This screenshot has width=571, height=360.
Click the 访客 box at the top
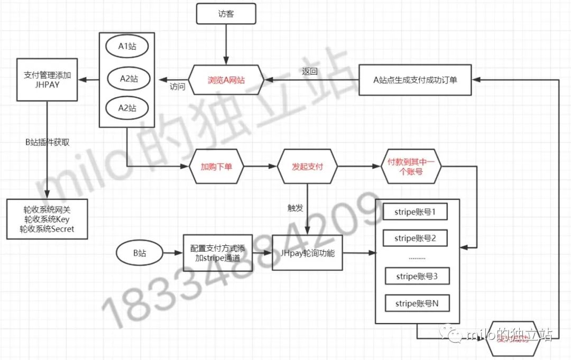pyautogui.click(x=226, y=14)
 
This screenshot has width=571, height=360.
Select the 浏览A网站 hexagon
pyautogui.click(x=226, y=80)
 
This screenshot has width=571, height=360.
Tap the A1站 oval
pyautogui.click(x=127, y=47)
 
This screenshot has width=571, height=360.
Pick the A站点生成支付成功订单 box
pyautogui.click(x=415, y=80)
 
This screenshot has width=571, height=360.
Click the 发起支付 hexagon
pyautogui.click(x=307, y=167)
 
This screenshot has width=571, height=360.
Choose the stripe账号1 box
pyautogui.click(x=415, y=212)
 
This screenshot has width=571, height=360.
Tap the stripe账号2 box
pyautogui.click(x=415, y=238)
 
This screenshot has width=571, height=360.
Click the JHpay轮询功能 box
pyautogui.click(x=307, y=253)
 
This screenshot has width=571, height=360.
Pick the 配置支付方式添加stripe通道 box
pyautogui.click(x=218, y=253)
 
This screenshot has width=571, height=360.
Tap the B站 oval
pyautogui.click(x=139, y=253)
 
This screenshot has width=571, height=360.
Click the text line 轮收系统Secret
pyautogui.click(x=47, y=229)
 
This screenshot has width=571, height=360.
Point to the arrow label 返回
pyautogui.click(x=310, y=70)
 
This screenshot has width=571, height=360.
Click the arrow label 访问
pyautogui.click(x=178, y=86)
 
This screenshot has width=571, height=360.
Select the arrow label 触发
pyautogui.click(x=295, y=208)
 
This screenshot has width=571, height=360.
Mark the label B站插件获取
pyautogui.click(x=47, y=142)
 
